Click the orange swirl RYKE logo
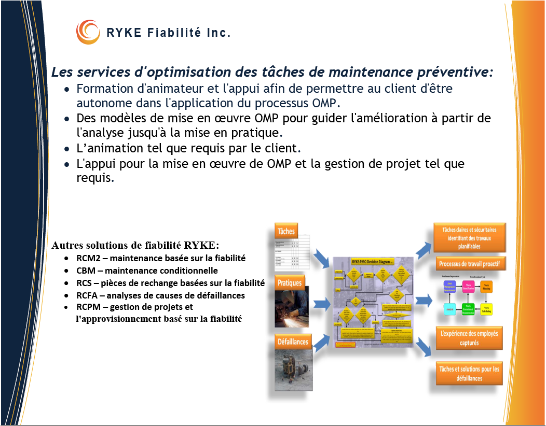pos(88,32)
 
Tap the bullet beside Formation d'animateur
pos(67,89)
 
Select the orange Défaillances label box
pos(293,342)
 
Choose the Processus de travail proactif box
pos(469,264)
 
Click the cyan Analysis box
pos(450,309)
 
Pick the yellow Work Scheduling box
pos(486,309)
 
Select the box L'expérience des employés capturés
pos(469,338)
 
